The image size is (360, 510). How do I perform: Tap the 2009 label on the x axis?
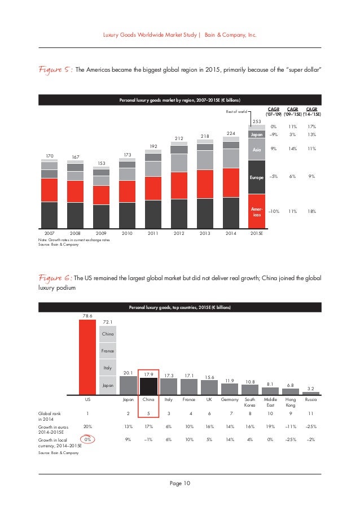pos(101,232)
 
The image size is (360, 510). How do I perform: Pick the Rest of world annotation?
pos(236,112)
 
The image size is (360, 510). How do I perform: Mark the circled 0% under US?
pos(87,439)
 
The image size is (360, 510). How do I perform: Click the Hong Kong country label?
pos(291,402)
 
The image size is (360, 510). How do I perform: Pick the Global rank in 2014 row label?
pos(49,416)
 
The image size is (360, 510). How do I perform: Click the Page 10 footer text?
pos(180,482)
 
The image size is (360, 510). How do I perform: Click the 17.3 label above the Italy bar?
pos(168,375)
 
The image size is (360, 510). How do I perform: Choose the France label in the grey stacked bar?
pos(107,351)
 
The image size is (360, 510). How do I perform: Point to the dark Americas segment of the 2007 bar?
pos(50,214)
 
